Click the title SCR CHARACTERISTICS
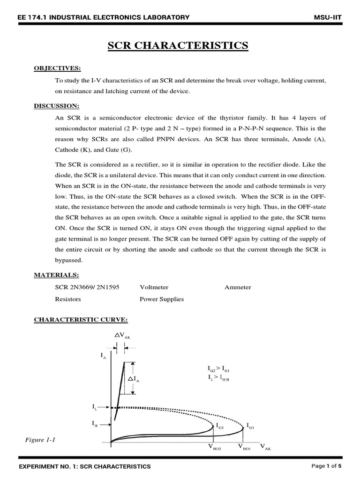(178, 45)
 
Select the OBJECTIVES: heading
(54, 68)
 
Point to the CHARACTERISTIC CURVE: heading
(81, 320)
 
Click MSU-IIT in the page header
(328, 17)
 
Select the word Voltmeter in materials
(154, 287)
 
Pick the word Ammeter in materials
(238, 287)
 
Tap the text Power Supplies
(161, 299)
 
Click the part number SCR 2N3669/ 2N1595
(87, 287)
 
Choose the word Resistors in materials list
(68, 299)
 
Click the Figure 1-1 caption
(40, 440)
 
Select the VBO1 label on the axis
(244, 447)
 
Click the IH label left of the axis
(95, 424)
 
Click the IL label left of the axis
(95, 407)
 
